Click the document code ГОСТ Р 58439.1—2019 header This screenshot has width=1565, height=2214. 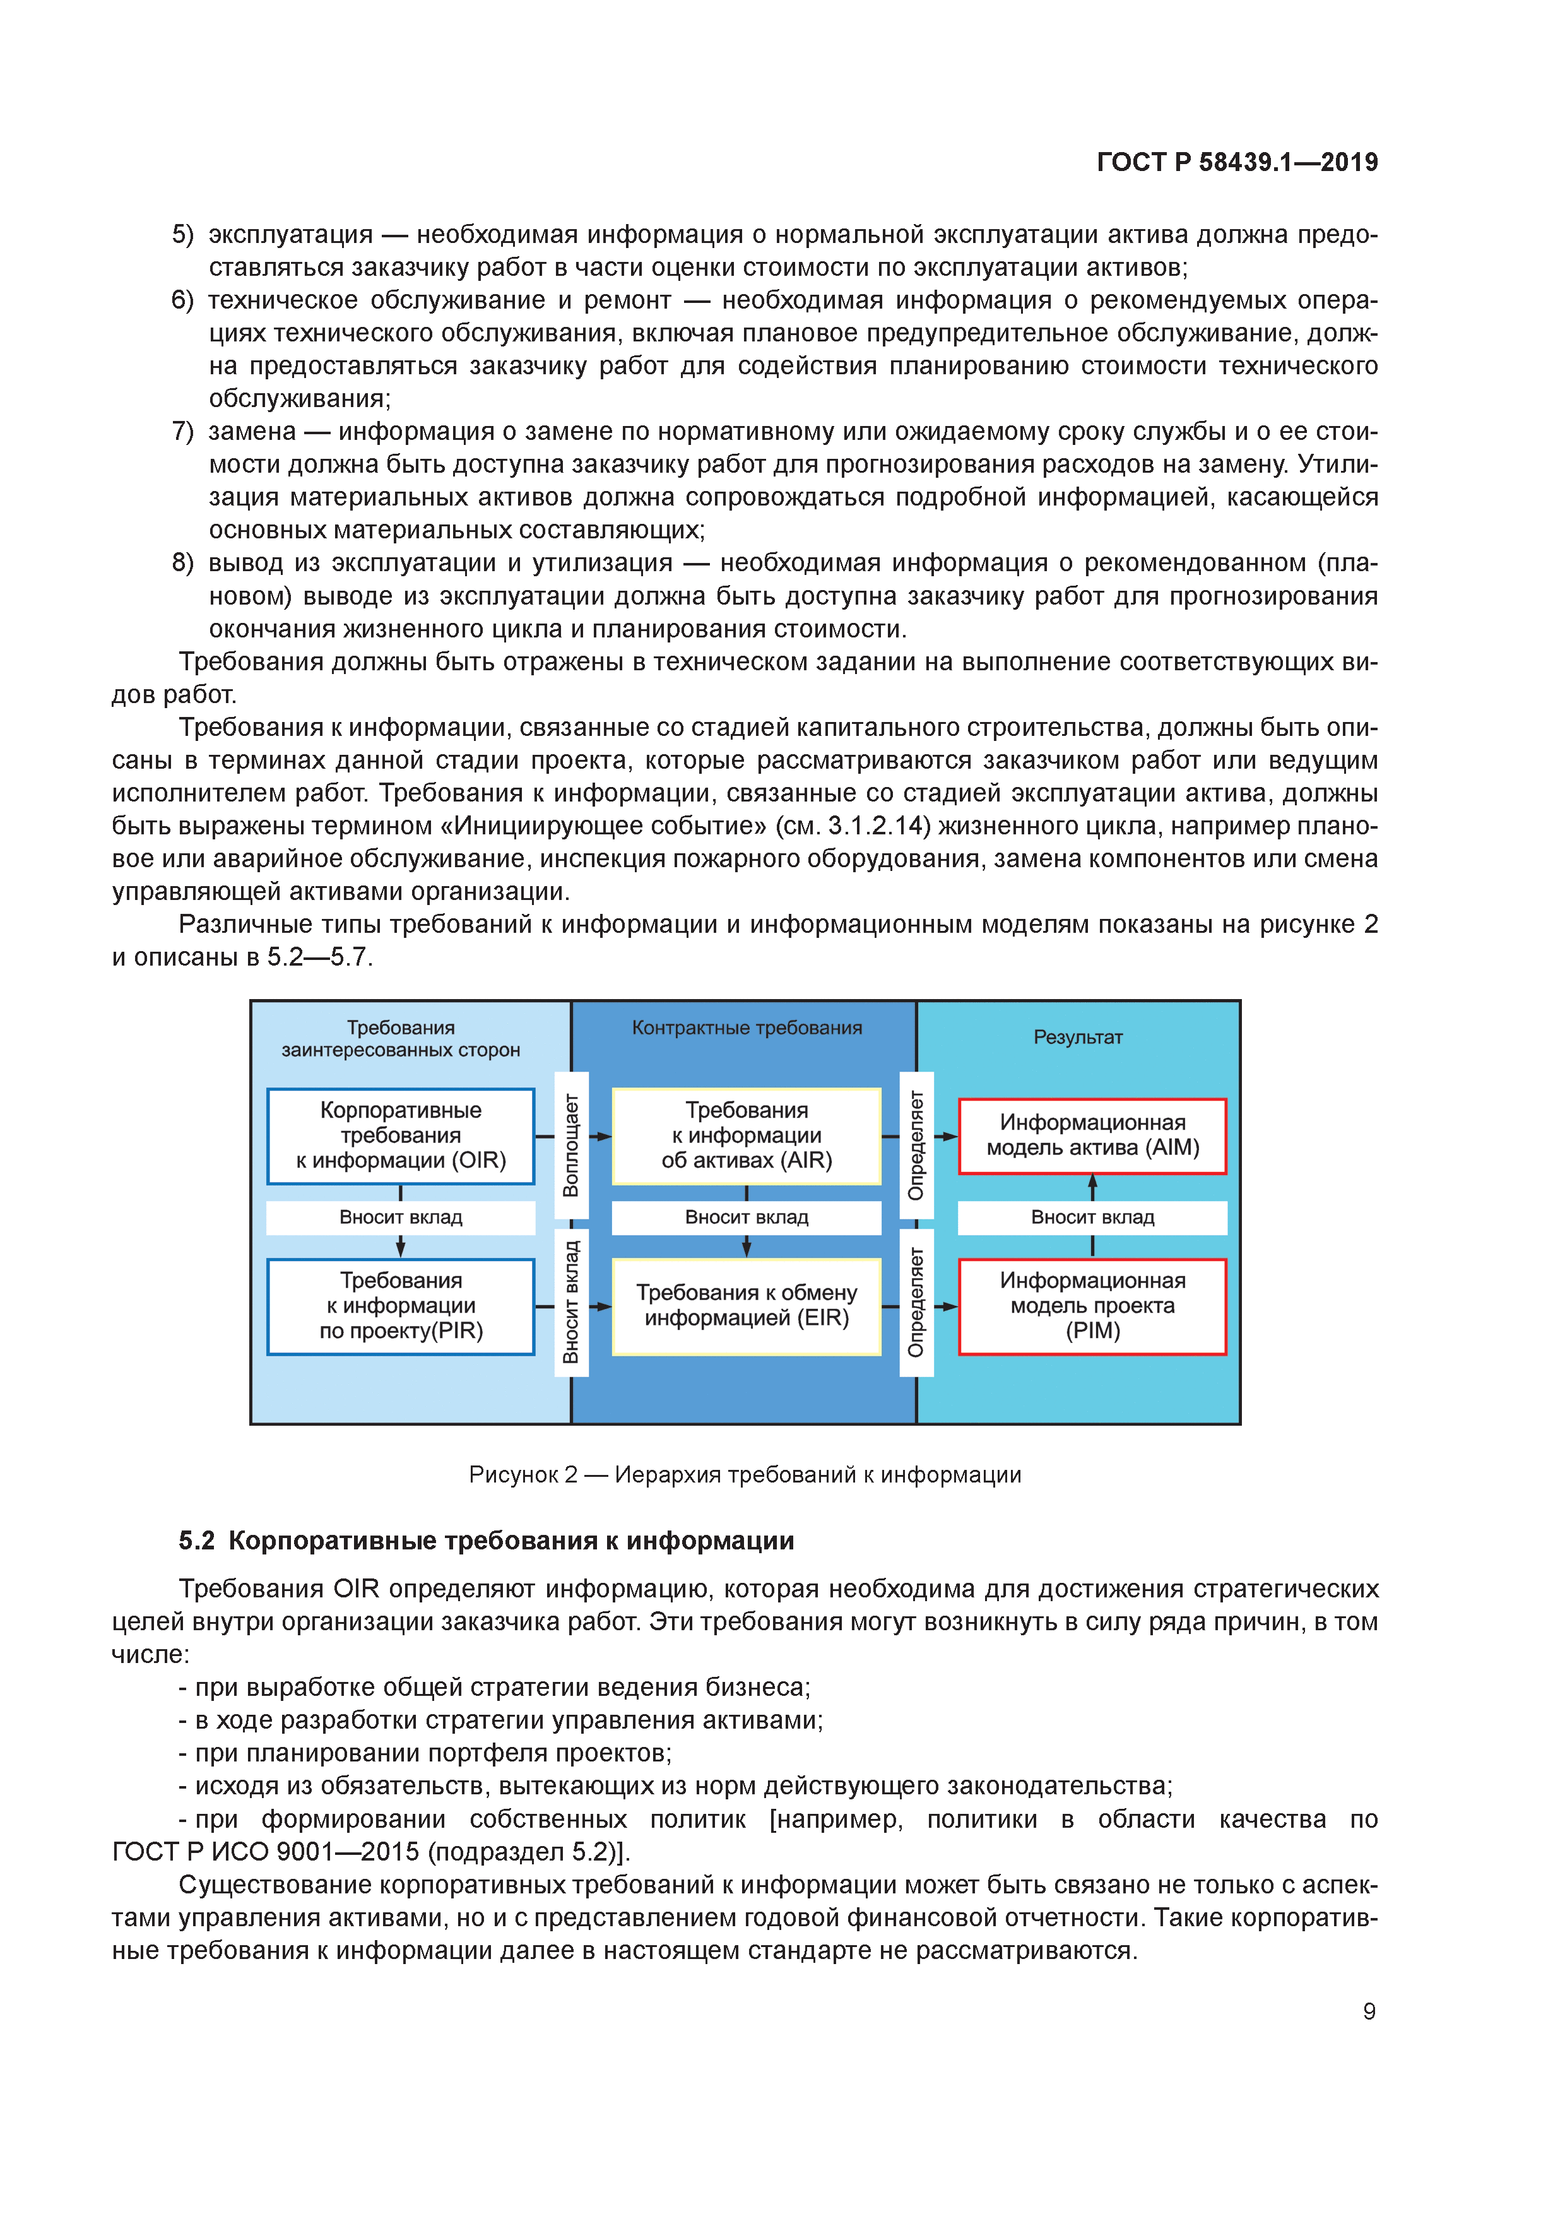tap(1236, 162)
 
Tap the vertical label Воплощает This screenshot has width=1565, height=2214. tap(571, 1145)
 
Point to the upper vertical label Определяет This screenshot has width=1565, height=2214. tap(916, 1145)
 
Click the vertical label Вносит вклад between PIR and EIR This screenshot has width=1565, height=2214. tap(571, 1302)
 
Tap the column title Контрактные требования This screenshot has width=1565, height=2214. tap(747, 1028)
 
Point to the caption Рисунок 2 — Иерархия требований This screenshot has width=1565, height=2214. tap(745, 1474)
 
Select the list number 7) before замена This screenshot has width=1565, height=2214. tap(182, 431)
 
